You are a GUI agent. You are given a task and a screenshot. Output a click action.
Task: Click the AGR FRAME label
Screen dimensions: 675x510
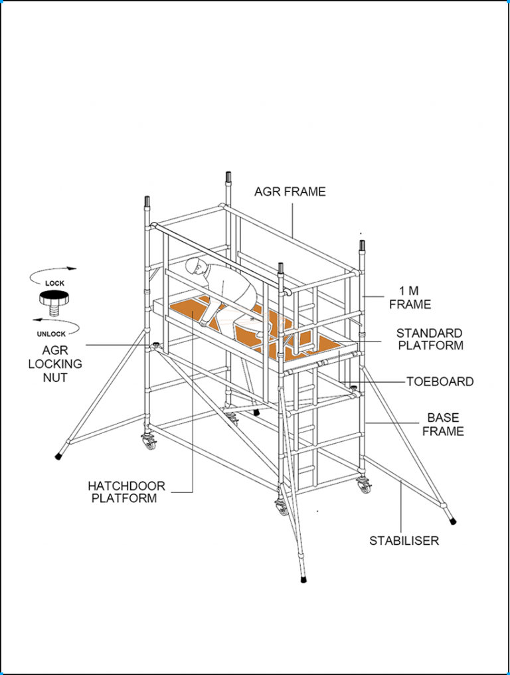[290, 192]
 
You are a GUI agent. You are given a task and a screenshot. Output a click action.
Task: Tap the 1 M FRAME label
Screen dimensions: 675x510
[410, 298]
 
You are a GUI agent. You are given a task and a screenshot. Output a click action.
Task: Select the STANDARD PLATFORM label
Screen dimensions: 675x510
[430, 339]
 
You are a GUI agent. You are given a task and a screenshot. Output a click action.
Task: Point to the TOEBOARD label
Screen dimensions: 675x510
[440, 382]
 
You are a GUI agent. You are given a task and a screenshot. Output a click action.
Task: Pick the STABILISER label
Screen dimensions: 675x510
[404, 541]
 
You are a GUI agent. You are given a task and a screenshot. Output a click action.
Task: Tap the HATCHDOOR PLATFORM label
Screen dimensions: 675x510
[126, 492]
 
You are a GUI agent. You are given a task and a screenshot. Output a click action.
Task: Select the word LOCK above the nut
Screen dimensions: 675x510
[54, 284]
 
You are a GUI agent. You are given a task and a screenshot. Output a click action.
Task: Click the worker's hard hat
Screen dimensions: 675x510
[193, 265]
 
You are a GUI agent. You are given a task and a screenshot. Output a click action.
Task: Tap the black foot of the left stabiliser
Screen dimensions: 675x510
[59, 456]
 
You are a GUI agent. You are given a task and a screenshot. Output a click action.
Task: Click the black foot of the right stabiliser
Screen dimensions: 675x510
[453, 520]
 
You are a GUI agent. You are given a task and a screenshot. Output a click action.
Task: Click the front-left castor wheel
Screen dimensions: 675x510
[149, 442]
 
